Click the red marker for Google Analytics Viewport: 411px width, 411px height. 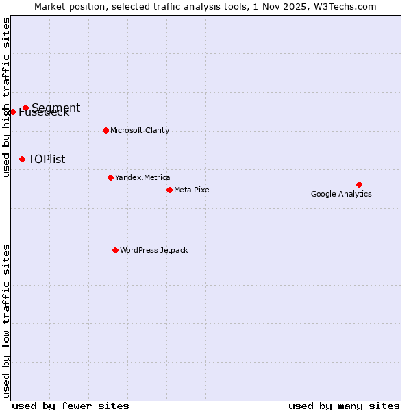359,184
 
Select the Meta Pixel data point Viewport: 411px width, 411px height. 169,190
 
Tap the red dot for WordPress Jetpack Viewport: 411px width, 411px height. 115,250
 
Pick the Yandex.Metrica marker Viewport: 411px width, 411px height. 110,177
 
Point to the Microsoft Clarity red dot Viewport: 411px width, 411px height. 105,130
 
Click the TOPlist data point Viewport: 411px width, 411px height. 22,159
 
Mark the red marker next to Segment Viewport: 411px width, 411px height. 25,108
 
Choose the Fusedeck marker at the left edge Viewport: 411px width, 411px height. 12,112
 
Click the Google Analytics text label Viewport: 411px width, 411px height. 341,194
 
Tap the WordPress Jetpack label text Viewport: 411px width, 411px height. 153,250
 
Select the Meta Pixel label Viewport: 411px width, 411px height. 192,190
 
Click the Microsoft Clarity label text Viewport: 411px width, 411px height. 140,130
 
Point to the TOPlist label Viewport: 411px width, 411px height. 47,159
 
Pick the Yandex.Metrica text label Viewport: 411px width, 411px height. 142,177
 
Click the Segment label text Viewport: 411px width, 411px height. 56,107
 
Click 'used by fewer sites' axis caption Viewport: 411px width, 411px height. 71,406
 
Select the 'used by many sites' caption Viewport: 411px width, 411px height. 344,406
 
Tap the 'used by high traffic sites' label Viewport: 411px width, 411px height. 7,97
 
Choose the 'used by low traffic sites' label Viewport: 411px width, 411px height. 7,320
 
